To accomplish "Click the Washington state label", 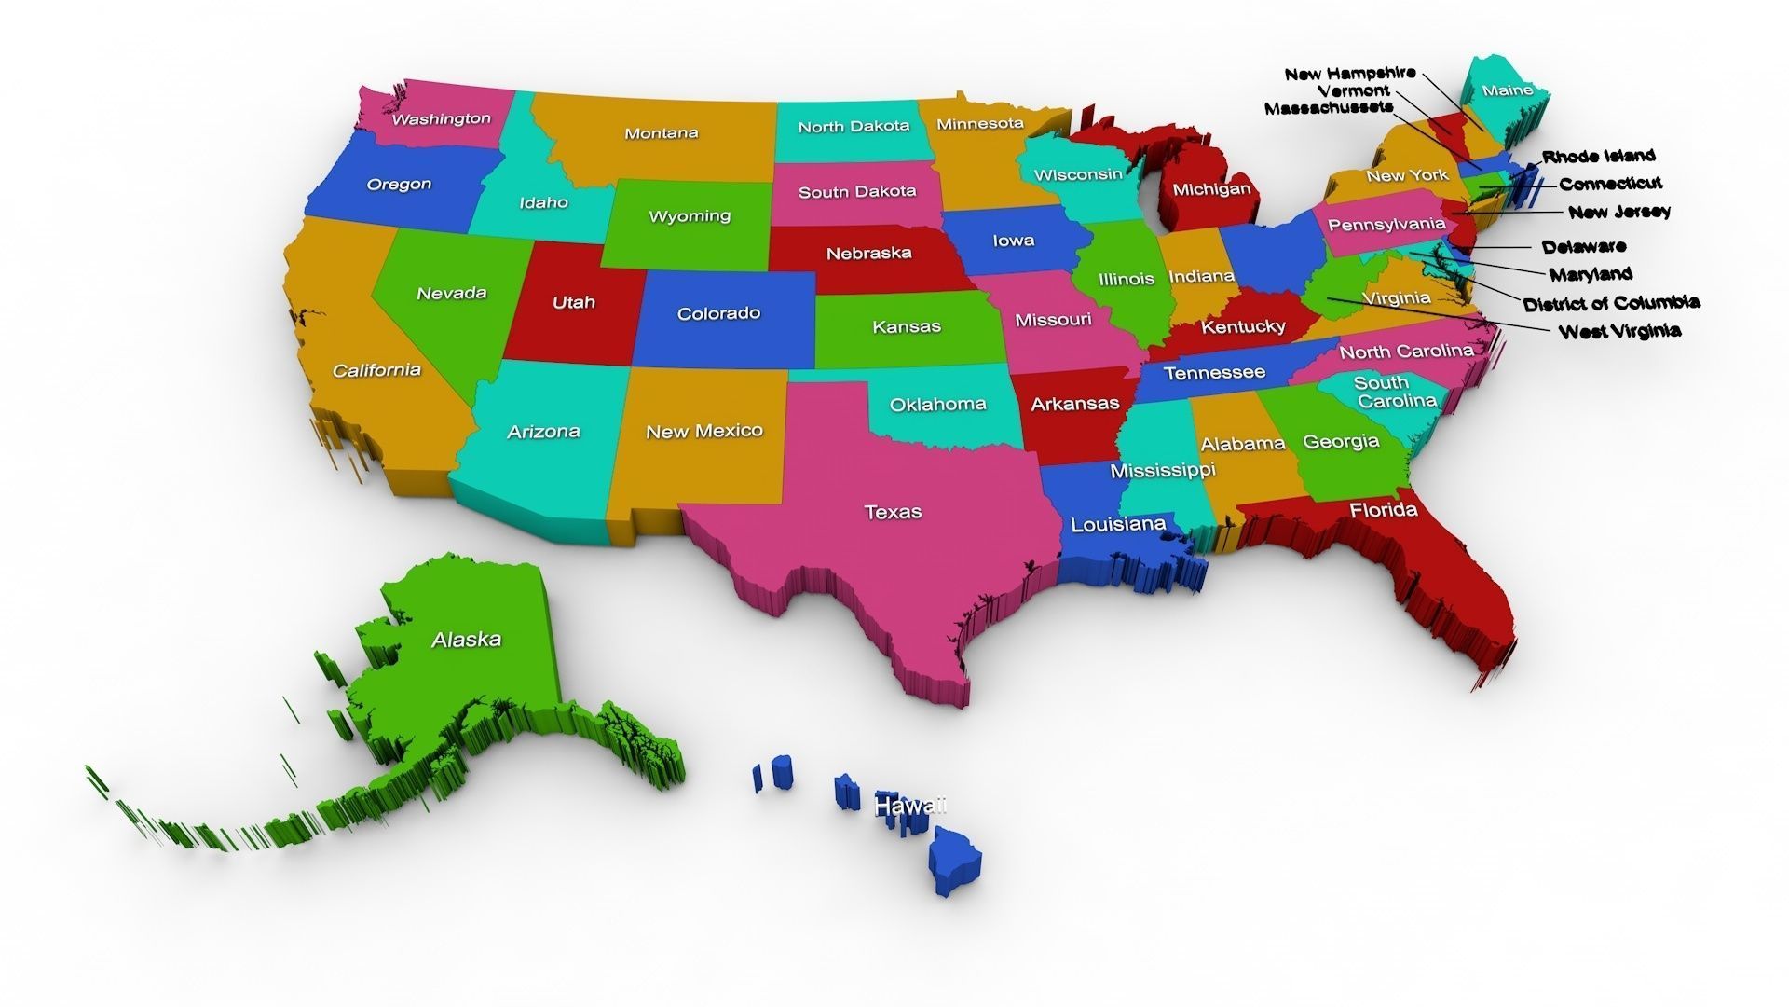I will (x=441, y=119).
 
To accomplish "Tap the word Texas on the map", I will (x=893, y=512).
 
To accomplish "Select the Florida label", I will (x=1384, y=510).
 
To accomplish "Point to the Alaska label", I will (x=466, y=640).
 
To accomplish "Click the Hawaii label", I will (x=910, y=805).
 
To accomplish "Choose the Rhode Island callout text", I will (x=1598, y=157).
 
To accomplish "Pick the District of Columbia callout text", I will (x=1611, y=303).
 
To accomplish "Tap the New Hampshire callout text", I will (x=1349, y=74).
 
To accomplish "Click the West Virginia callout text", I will (x=1619, y=331).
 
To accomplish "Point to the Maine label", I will (x=1507, y=90).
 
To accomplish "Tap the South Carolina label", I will (x=1395, y=392).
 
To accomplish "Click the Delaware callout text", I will (x=1584, y=247).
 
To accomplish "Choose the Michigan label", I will (x=1211, y=189).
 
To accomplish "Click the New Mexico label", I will (x=704, y=432).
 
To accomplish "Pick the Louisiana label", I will (x=1118, y=524).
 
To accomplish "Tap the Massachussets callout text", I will (x=1329, y=108).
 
